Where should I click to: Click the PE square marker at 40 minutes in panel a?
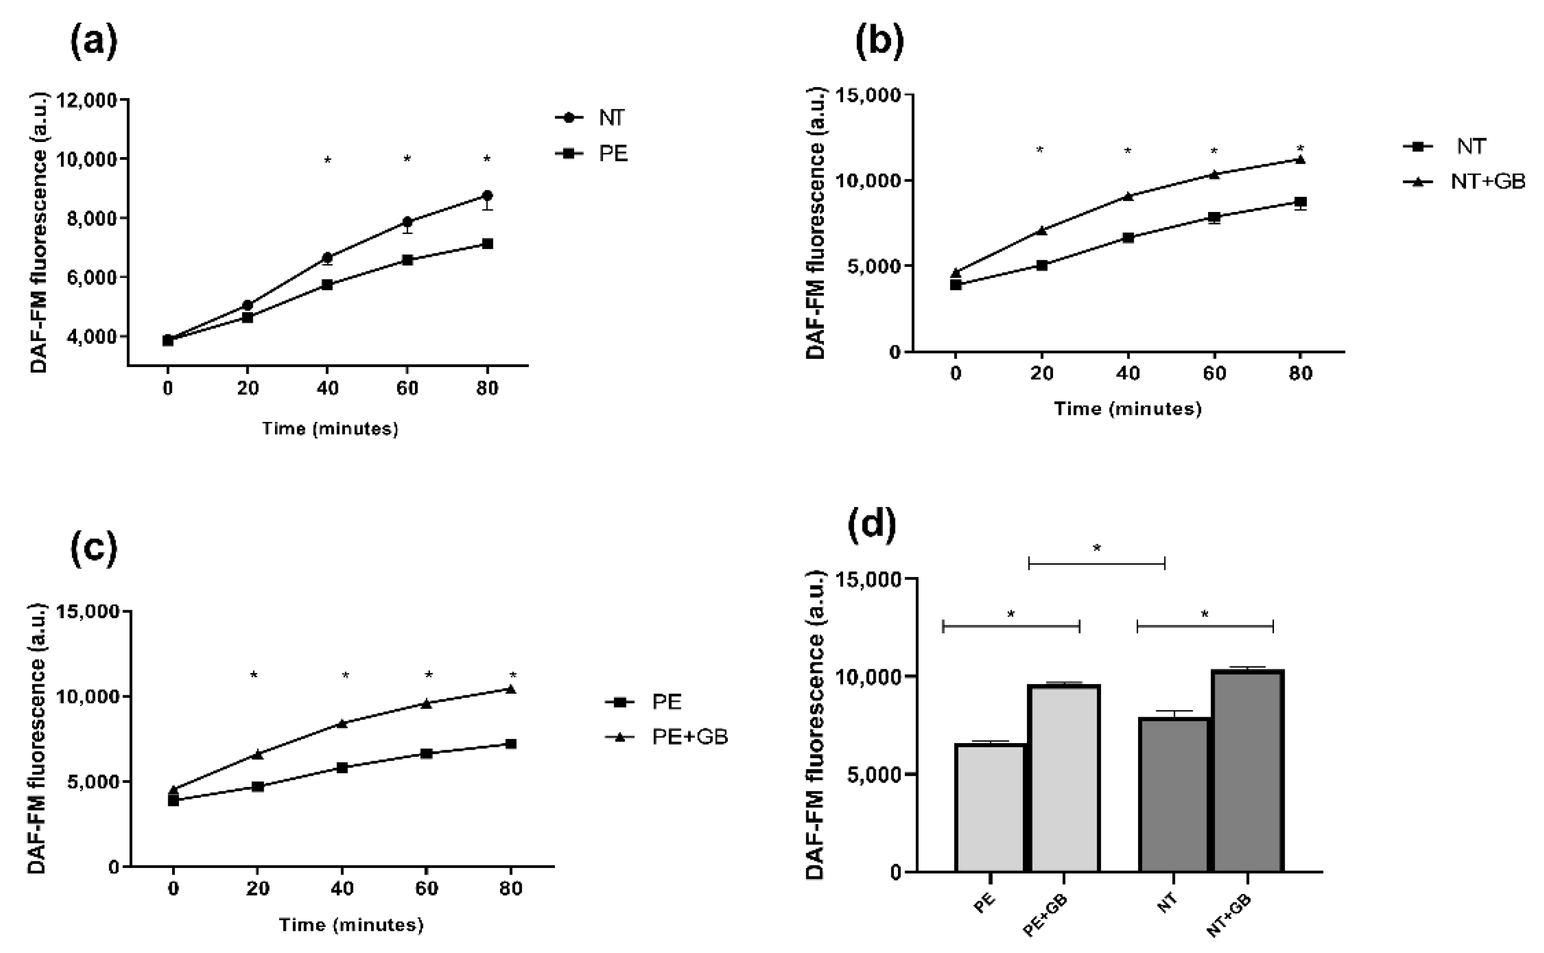click(x=327, y=284)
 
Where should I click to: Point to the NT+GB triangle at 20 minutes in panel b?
click(x=1041, y=231)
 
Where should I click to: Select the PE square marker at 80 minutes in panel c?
click(x=511, y=744)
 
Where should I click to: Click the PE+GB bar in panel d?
click(x=1064, y=778)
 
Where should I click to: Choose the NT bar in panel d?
click(x=1173, y=795)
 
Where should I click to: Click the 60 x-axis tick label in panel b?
click(x=1214, y=374)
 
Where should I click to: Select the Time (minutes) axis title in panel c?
click(x=351, y=925)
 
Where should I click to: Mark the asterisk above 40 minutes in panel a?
click(x=327, y=161)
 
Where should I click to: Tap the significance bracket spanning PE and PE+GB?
click(x=1011, y=626)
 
